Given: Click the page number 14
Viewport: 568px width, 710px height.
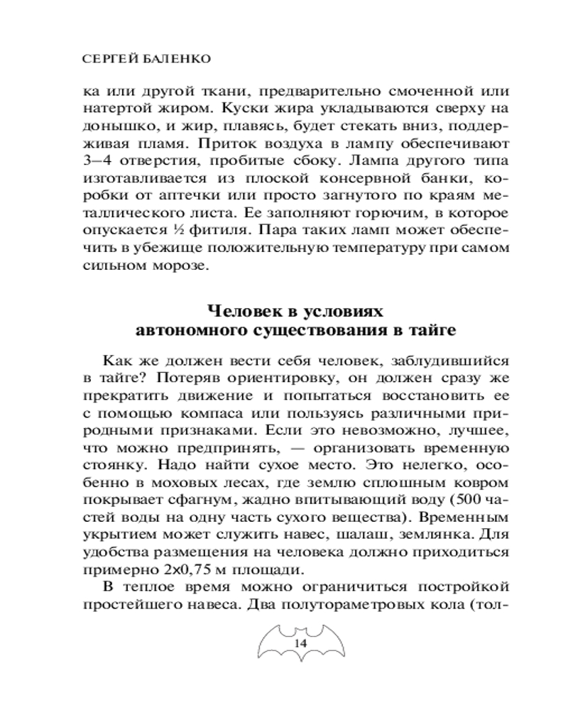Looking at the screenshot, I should point(299,643).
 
